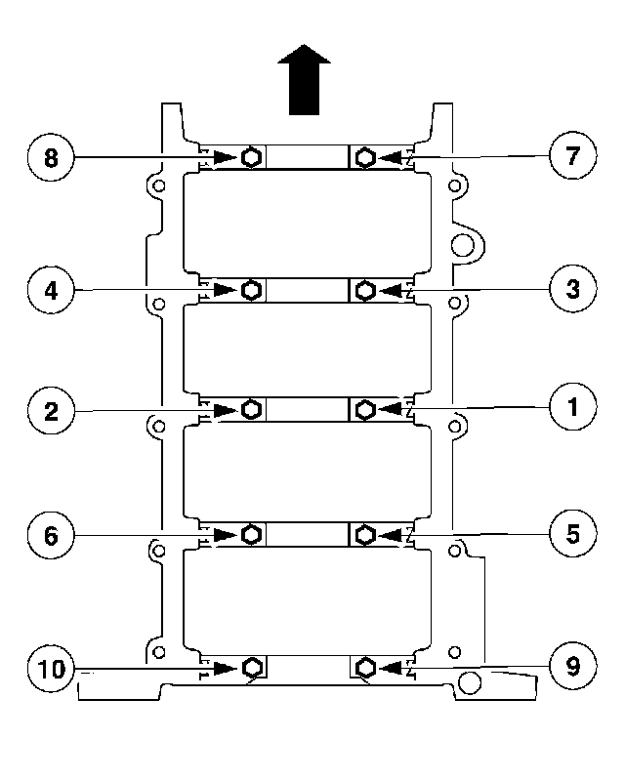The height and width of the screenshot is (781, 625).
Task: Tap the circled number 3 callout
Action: point(571,289)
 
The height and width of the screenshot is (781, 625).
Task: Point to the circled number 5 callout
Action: point(571,534)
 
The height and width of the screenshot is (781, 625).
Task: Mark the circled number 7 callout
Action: point(571,156)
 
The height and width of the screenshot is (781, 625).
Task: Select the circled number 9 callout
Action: point(571,667)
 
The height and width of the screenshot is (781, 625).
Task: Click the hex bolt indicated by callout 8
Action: point(251,157)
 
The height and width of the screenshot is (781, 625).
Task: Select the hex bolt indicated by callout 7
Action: point(365,157)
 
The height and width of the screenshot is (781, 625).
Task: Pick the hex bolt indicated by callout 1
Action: point(365,409)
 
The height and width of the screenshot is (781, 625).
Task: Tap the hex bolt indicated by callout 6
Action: point(251,535)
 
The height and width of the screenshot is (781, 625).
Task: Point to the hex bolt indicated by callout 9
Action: point(365,667)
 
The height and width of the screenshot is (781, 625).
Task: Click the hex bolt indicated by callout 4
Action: point(251,290)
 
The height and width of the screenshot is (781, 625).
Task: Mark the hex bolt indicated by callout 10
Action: point(251,668)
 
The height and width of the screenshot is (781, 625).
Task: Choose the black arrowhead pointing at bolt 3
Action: point(393,290)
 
